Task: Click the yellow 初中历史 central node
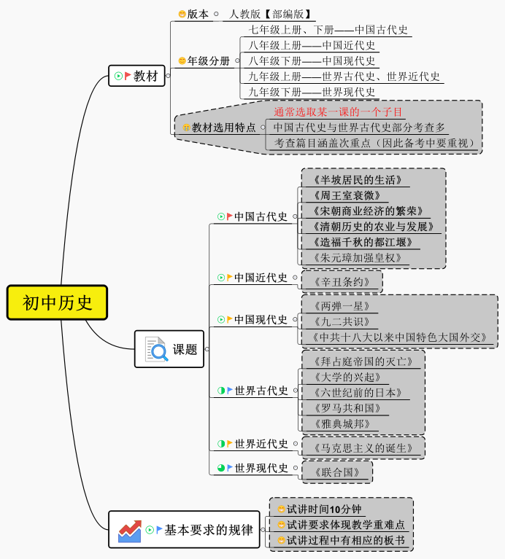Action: (x=57, y=302)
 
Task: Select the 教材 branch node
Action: (x=145, y=76)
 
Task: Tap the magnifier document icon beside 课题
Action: (x=156, y=349)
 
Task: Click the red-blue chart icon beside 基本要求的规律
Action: (x=130, y=531)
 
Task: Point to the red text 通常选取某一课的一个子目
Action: (x=338, y=112)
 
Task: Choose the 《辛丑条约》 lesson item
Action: (x=341, y=282)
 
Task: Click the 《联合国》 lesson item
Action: (x=336, y=472)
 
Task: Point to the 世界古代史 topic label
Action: (x=261, y=391)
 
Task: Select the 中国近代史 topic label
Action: (x=261, y=278)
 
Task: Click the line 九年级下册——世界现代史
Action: (x=312, y=93)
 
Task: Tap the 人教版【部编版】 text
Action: (x=271, y=14)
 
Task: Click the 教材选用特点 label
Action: (x=223, y=128)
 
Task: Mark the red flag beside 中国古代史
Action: (x=230, y=216)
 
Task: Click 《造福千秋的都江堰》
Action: (x=362, y=242)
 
